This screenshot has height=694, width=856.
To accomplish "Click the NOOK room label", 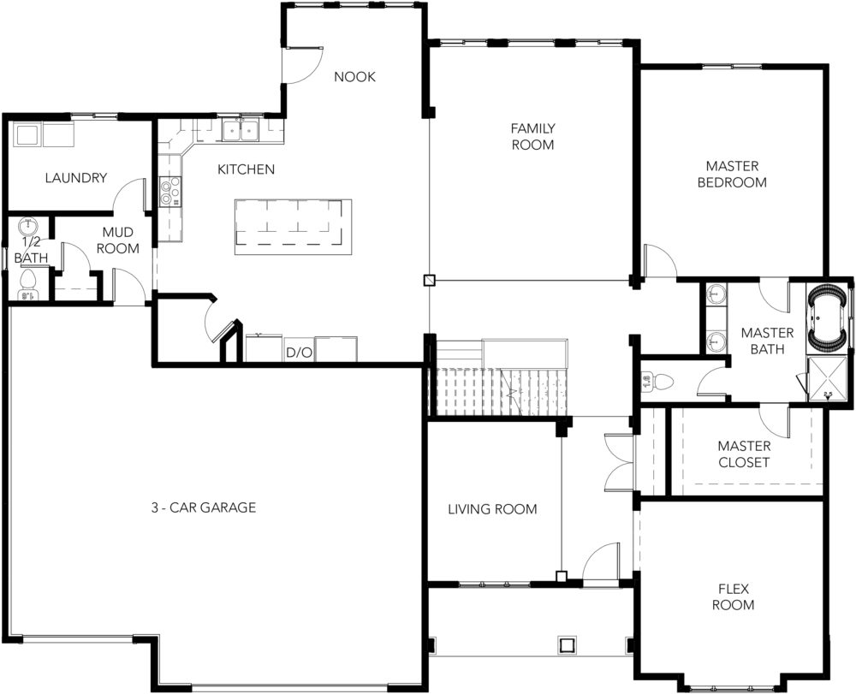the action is (355, 77).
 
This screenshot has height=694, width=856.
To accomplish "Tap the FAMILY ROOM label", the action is (532, 136).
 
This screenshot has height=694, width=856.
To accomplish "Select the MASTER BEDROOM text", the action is (732, 174).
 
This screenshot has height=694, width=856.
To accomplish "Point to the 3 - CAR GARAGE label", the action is (204, 508).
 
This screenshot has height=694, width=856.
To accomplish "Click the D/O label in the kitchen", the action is (299, 353).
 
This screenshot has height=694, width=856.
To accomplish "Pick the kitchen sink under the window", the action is (241, 131).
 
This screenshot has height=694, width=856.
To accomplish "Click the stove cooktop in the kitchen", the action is (170, 192).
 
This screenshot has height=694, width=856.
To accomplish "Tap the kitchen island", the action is (293, 227).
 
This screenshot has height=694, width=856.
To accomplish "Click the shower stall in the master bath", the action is (828, 378).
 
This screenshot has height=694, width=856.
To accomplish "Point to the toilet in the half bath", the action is (27, 285).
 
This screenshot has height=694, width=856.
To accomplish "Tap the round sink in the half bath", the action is (27, 225).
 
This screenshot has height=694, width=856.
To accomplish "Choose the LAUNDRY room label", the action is (76, 178).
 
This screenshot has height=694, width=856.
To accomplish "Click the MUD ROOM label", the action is (118, 240).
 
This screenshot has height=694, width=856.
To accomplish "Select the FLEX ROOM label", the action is (734, 597).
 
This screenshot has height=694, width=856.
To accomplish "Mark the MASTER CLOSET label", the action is (744, 454).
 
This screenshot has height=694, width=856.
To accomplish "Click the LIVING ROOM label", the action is (492, 509).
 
